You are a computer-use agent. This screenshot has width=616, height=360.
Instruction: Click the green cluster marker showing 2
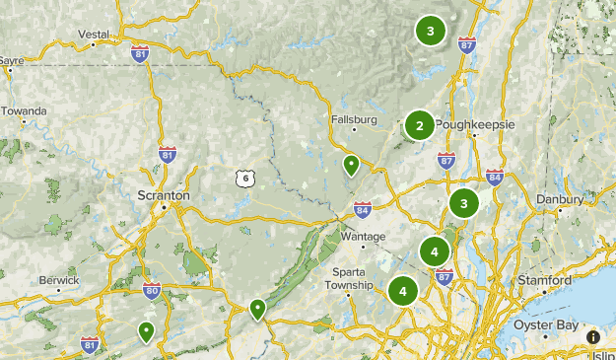point(419,125)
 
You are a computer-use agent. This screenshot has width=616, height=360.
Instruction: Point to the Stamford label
point(545,281)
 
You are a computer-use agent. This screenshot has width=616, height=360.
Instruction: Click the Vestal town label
point(94,34)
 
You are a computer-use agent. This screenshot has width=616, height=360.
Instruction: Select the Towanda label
point(24,111)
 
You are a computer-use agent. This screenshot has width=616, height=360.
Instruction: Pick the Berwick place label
point(59,280)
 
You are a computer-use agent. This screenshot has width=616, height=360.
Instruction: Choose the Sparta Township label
point(351,278)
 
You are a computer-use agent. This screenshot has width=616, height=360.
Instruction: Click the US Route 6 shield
point(245,178)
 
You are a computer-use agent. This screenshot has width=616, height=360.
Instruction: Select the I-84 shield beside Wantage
point(362,209)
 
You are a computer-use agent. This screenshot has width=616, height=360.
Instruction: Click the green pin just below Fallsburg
point(350,164)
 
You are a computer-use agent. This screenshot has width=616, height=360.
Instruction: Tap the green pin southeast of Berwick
point(146,331)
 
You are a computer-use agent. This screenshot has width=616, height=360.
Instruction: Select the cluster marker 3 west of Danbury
point(463,203)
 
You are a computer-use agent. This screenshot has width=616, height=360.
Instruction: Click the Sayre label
point(11,60)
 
